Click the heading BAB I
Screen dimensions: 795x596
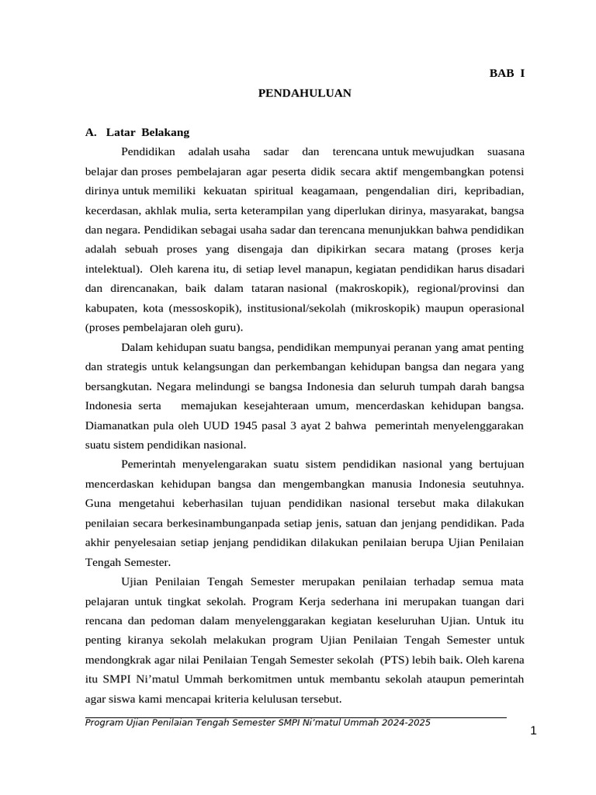tap(506, 73)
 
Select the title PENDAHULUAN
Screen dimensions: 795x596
tap(304, 93)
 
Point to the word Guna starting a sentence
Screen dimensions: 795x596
tap(98, 504)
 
